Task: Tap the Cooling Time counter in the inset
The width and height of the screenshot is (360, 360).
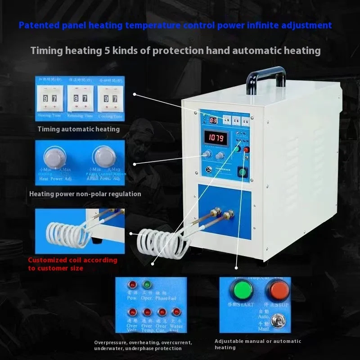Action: click(x=110, y=98)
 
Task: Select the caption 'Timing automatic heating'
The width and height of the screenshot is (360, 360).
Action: click(x=78, y=129)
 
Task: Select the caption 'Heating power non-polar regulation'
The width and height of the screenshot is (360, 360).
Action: click(x=85, y=194)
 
